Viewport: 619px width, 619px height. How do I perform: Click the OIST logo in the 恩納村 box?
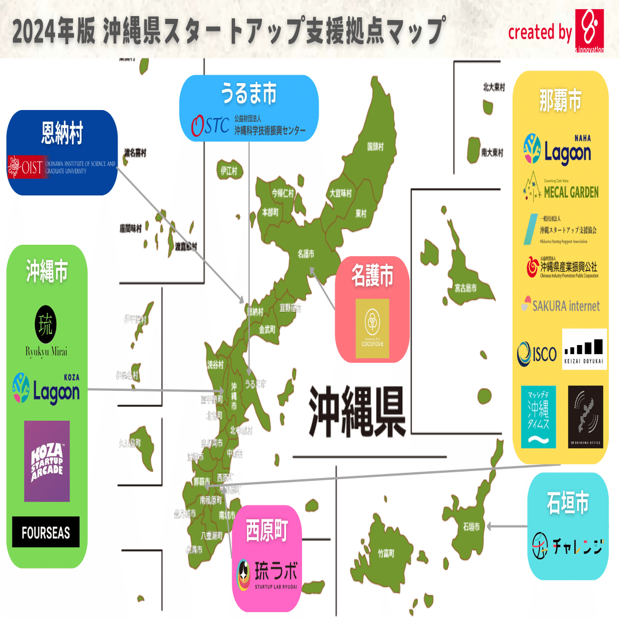coord(62,166)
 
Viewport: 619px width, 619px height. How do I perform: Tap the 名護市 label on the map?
coord(307,253)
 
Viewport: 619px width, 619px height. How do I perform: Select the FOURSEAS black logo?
coord(46,532)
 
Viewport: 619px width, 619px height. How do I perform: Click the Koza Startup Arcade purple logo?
coord(47,461)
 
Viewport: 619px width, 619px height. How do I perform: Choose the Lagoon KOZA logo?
coord(46,390)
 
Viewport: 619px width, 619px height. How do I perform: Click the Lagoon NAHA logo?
coord(557,150)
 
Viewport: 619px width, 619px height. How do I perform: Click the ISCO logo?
coord(536,354)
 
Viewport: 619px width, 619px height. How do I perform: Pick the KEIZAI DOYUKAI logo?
coord(584,349)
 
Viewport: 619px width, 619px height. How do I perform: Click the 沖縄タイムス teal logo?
coord(538,416)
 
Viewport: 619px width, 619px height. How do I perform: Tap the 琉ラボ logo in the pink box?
coord(267,574)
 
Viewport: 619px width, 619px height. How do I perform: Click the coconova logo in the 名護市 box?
coord(373,328)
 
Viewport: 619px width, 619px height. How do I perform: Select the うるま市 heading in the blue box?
coord(249,94)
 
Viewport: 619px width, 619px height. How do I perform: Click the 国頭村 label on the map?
coord(375,147)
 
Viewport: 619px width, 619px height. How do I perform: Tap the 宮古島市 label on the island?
coord(465,288)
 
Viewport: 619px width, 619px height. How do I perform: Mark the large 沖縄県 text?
coord(358,412)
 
